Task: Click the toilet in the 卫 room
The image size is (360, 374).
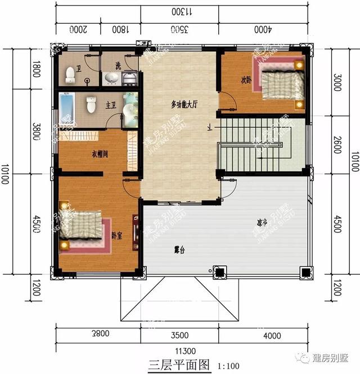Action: pos(70,73)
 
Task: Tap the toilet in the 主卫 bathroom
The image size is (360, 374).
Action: pos(91,105)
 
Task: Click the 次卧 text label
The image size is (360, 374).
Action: pos(245,79)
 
